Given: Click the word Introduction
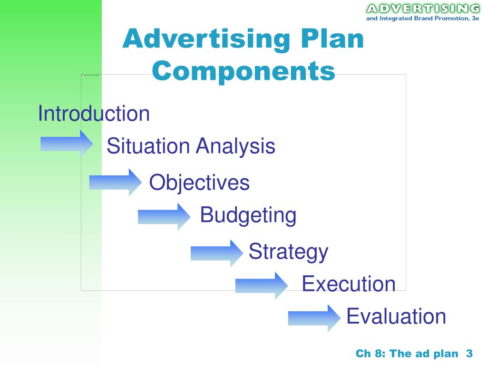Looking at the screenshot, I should pyautogui.click(x=94, y=114).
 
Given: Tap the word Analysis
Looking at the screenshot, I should pyautogui.click(x=236, y=146).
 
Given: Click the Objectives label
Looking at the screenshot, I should pyautogui.click(x=199, y=182).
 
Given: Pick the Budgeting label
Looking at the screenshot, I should pyautogui.click(x=248, y=215).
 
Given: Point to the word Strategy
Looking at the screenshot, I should pyautogui.click(x=288, y=251).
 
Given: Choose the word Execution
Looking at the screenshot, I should pyautogui.click(x=349, y=284).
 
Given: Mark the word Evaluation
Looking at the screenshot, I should pyautogui.click(x=396, y=316).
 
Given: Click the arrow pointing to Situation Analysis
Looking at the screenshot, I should pyautogui.click(x=67, y=143).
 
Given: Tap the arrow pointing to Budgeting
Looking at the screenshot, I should pyautogui.click(x=164, y=216).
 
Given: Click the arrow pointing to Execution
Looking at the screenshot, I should pyautogui.click(x=261, y=285).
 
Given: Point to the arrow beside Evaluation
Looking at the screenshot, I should pyautogui.click(x=314, y=317).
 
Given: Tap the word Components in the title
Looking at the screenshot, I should pyautogui.click(x=243, y=71).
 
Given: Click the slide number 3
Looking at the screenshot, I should pyautogui.click(x=469, y=353).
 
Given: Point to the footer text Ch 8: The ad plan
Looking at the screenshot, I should pyautogui.click(x=408, y=353).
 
